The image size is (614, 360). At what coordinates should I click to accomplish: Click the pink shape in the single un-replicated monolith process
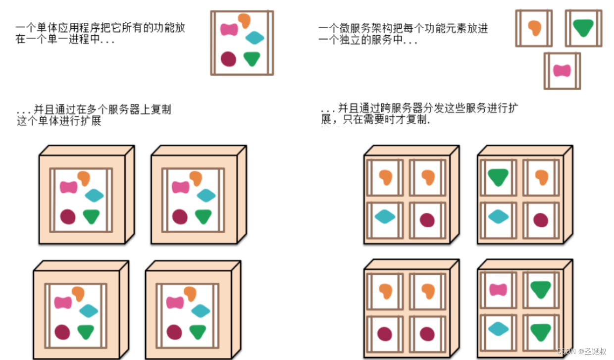tap(229, 29)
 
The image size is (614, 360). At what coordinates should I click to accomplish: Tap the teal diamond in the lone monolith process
tap(255, 38)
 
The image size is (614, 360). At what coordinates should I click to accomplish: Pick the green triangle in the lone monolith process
tap(252, 59)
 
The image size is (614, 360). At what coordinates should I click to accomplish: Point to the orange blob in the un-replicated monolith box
tap(244, 20)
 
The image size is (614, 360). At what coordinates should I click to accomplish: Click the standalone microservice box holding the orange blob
tap(534, 28)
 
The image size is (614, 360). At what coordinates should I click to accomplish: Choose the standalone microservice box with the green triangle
tap(584, 28)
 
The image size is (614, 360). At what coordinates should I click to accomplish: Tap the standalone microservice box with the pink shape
tap(562, 71)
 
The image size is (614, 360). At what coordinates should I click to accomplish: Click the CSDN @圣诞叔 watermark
tap(581, 351)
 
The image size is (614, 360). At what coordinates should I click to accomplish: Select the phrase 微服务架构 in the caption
tap(364, 29)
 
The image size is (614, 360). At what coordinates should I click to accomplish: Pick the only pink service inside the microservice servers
tap(498, 289)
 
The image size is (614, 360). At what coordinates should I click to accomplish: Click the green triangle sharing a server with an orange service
tap(498, 177)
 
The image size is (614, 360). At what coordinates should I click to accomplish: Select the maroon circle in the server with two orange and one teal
tap(427, 220)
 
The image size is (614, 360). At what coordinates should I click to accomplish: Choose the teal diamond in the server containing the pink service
tap(498, 329)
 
